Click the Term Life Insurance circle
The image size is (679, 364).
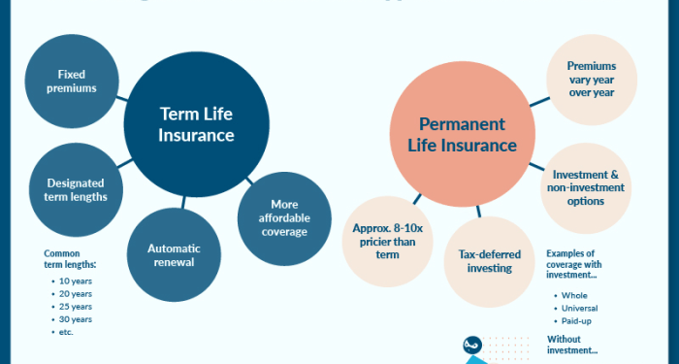[197, 125]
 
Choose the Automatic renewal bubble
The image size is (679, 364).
[174, 255]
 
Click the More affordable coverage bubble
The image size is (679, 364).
[283, 218]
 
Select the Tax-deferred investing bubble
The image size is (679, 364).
[489, 260]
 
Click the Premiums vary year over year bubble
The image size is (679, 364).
[591, 81]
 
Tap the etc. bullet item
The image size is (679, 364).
[65, 332]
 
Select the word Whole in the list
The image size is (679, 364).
[574, 295]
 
